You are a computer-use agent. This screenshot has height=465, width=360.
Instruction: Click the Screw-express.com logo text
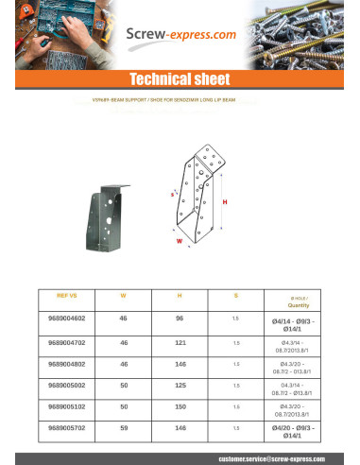click(181, 35)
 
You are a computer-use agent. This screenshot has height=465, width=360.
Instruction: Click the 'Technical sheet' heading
click(180, 79)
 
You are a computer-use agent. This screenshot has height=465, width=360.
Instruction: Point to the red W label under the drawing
click(179, 239)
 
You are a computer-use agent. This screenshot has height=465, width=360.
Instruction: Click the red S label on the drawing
click(173, 193)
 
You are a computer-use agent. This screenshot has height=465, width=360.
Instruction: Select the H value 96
click(180, 319)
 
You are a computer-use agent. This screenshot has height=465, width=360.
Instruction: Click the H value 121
click(180, 343)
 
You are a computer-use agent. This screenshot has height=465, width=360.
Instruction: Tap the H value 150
click(180, 408)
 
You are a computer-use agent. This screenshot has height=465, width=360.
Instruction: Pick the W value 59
click(123, 430)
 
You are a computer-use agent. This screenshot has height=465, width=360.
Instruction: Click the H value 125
click(180, 387)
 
